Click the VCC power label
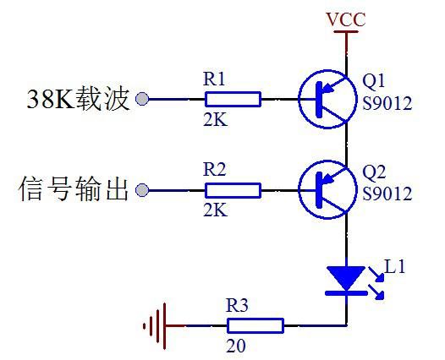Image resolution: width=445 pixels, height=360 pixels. [x=346, y=19]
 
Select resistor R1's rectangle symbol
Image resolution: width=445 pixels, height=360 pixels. [x=233, y=99]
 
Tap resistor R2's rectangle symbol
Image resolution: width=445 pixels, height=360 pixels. [x=233, y=190]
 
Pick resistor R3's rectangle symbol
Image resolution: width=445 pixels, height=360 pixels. [x=255, y=325]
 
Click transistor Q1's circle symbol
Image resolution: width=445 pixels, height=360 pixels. [x=299, y=99]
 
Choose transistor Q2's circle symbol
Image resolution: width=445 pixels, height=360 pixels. [x=299, y=189]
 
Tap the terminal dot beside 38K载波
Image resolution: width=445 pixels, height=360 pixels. [x=142, y=99]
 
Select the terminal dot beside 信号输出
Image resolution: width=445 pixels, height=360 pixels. [x=142, y=190]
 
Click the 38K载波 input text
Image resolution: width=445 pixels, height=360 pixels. [x=78, y=99]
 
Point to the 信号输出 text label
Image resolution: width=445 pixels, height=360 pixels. [x=74, y=188]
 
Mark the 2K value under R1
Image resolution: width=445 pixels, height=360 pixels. [x=216, y=120]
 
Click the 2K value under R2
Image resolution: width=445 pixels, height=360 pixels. [x=216, y=210]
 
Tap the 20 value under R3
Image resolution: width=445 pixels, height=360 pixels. [x=236, y=346]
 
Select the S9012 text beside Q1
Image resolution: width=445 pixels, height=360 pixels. [x=387, y=103]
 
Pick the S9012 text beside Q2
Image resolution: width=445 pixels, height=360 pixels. [x=387, y=194]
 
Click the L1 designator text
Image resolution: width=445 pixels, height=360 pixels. [x=394, y=266]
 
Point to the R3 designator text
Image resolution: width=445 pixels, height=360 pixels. [x=237, y=305]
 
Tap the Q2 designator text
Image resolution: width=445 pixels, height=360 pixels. [x=374, y=172]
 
